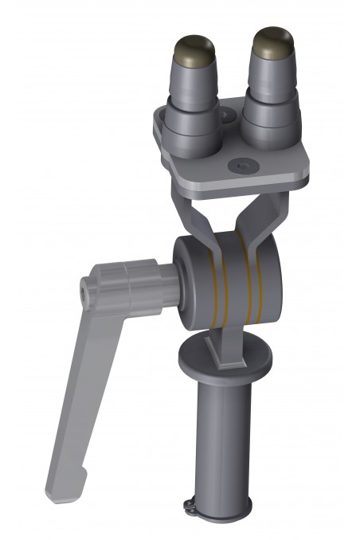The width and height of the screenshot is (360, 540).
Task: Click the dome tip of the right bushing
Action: click(x=271, y=41)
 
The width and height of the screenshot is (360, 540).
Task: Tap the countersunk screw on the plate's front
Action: click(x=244, y=164)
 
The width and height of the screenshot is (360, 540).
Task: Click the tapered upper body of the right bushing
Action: click(x=272, y=76)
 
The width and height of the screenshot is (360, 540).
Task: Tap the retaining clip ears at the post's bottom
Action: click(x=192, y=503)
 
